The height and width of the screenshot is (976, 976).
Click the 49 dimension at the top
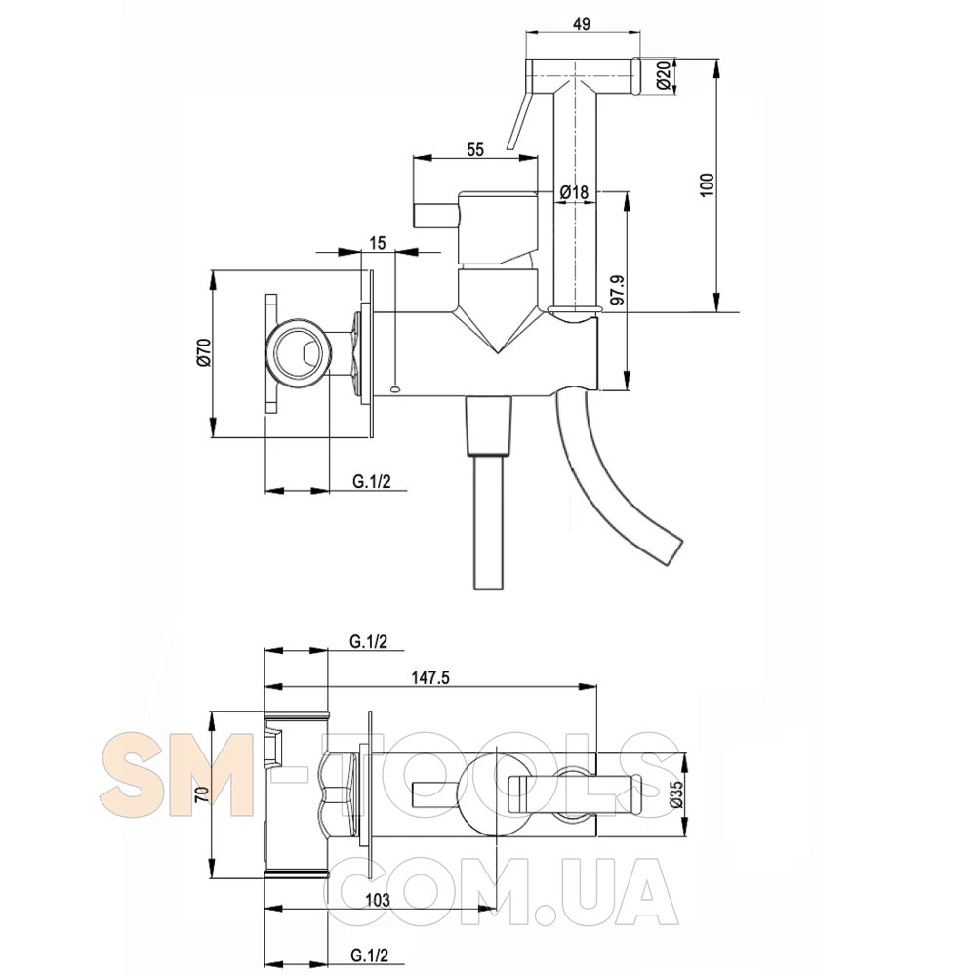pos(582,23)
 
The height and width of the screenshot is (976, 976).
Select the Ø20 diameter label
pos(664,76)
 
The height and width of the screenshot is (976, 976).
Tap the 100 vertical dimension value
pos(708,184)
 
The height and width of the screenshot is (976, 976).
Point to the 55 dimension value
pos(474,149)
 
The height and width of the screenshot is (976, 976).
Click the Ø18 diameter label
pos(574,192)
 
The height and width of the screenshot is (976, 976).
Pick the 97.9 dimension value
pos(617,290)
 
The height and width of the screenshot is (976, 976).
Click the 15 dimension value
pos(377,243)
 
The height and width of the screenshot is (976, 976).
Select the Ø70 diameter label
pos(205,352)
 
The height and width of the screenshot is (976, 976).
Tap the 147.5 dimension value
pos(429,677)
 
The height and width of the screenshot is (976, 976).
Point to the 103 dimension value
pos(377,900)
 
